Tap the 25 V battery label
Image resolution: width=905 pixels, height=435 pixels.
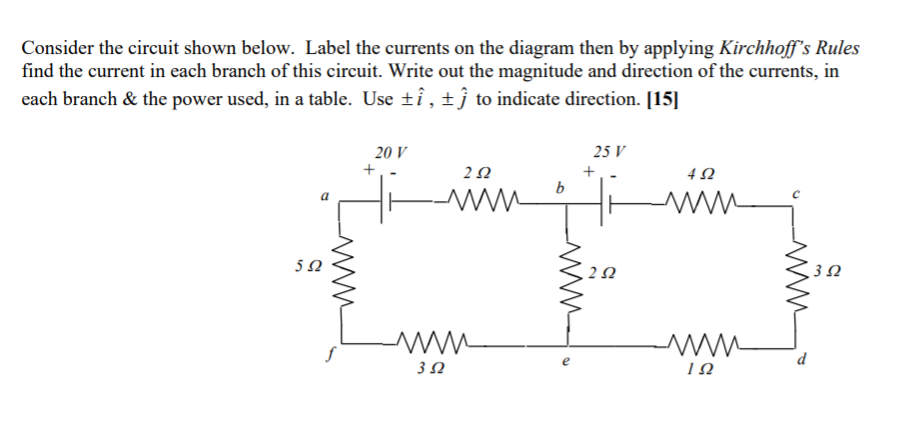[609, 153]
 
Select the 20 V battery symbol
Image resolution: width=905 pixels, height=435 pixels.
[384, 205]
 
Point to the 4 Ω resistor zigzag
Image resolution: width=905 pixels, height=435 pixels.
[700, 204]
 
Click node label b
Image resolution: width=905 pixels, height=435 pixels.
[560, 188]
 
